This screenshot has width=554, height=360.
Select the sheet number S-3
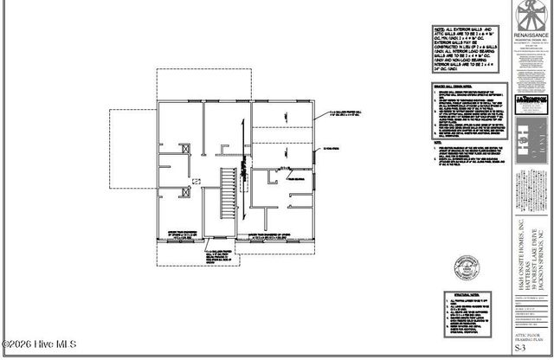pyautogui.click(x=520, y=349)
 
